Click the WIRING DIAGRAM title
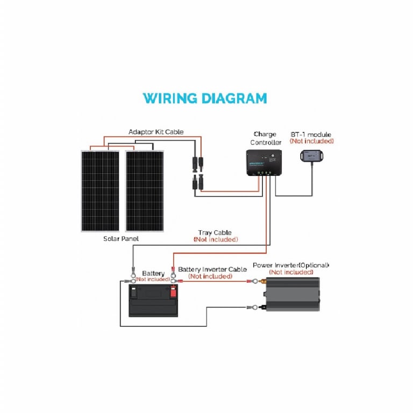tap(205, 98)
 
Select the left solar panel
tap(100, 191)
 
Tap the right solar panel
tap(145, 191)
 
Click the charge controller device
tap(264, 162)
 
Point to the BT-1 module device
tap(311, 156)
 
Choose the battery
tap(153, 300)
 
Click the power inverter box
tap(293, 294)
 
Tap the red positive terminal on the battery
tap(173, 292)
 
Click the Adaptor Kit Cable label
tap(156, 132)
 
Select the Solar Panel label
tap(121, 239)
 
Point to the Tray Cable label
tap(215, 232)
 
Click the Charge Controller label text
tap(266, 138)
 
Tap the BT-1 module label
tap(311, 134)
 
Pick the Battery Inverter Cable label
tap(212, 269)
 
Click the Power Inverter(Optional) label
tap(291, 265)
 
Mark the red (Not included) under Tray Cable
tap(216, 239)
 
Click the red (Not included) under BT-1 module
tap(311, 141)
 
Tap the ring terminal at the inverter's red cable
tap(255, 281)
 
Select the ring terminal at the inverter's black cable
tap(255, 307)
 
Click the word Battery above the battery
tap(153, 273)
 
